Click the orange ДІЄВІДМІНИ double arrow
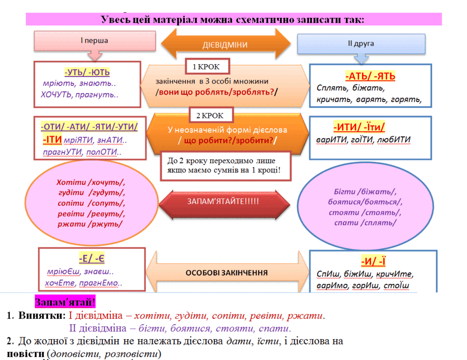[x=226, y=44]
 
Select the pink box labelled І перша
[x=95, y=41]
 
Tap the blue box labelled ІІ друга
[x=361, y=44]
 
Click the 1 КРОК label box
[x=207, y=67]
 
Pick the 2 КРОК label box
[x=211, y=115]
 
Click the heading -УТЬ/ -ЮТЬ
[x=87, y=72]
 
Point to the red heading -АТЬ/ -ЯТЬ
[x=370, y=76]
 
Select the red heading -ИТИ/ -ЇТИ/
[x=359, y=127]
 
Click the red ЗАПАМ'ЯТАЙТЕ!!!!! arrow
[x=224, y=204]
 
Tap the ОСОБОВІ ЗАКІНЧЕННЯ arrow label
[x=227, y=272]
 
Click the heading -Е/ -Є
[x=92, y=258]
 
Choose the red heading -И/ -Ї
[x=373, y=261]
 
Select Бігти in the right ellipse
[x=345, y=191]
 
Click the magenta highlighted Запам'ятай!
[x=65, y=302]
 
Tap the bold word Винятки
[x=42, y=315]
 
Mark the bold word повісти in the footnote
[x=26, y=354]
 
